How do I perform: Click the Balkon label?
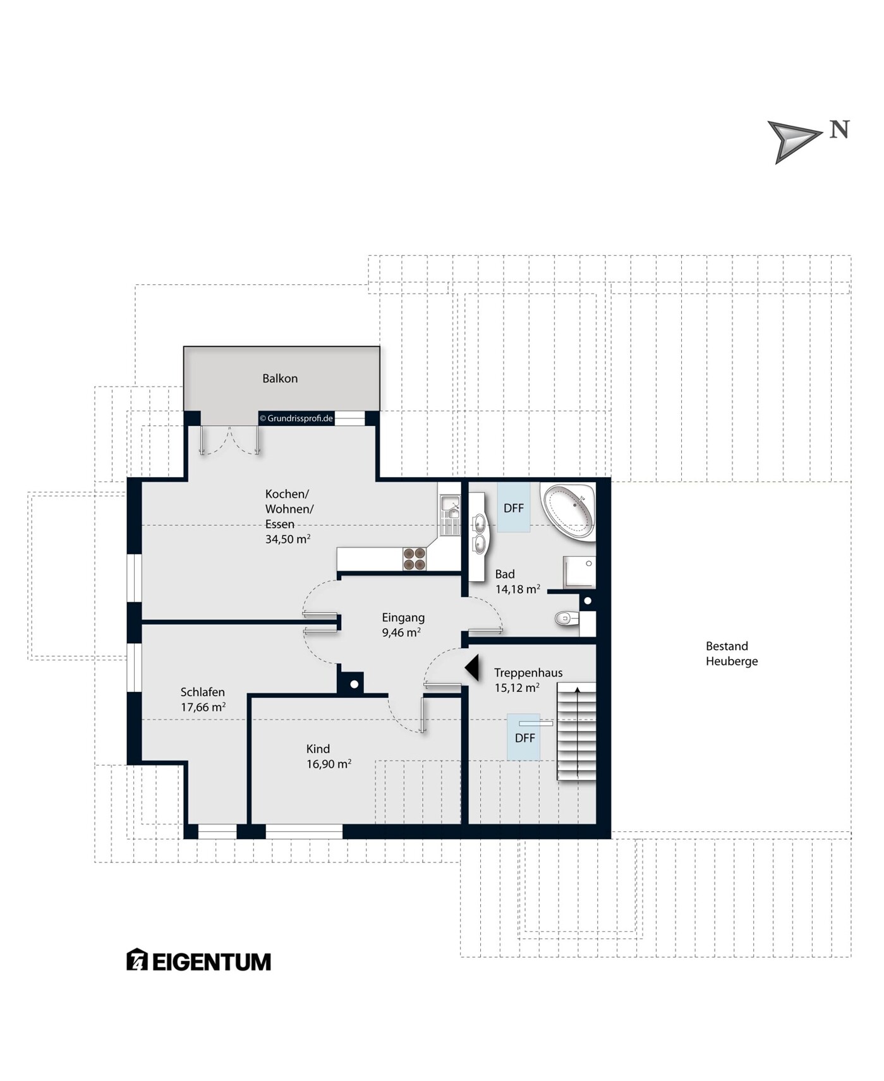pyautogui.click(x=280, y=378)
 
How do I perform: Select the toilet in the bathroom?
pyautogui.click(x=567, y=618)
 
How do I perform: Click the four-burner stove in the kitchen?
pyautogui.click(x=415, y=559)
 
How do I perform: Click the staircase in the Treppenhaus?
pyautogui.click(x=576, y=732)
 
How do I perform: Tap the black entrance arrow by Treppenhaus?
pyautogui.click(x=471, y=668)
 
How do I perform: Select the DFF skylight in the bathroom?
pyautogui.click(x=514, y=508)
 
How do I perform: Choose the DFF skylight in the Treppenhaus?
pyautogui.click(x=524, y=737)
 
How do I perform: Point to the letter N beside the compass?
pyautogui.click(x=839, y=130)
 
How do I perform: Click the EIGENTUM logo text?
pyautogui.click(x=212, y=962)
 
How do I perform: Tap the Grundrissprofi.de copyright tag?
pyautogui.click(x=296, y=418)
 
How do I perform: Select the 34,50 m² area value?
pyautogui.click(x=288, y=539)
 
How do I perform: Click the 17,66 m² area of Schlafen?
pyautogui.click(x=203, y=707)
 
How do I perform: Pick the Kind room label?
pyautogui.click(x=318, y=749)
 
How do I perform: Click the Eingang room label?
pyautogui.click(x=403, y=617)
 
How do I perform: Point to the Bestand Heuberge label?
pyautogui.click(x=731, y=654)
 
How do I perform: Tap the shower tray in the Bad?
pyautogui.click(x=579, y=572)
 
